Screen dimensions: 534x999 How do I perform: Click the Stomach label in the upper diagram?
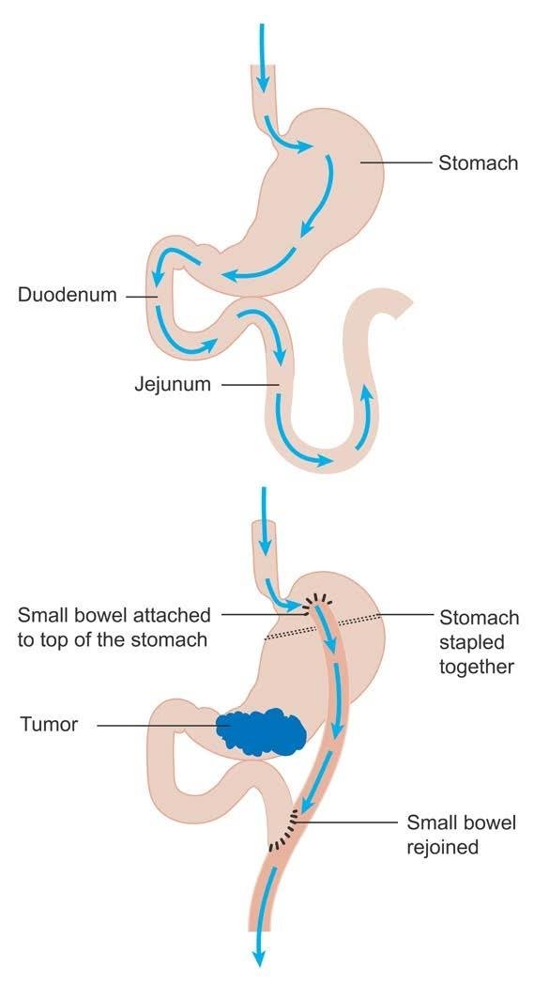pyautogui.click(x=478, y=163)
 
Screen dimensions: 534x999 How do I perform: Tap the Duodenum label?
pyautogui.click(x=68, y=296)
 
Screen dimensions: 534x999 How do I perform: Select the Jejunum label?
pyautogui.click(x=173, y=384)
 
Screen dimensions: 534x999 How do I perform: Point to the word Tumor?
pyautogui.click(x=49, y=725)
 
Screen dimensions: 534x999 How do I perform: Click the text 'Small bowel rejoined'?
pyautogui.click(x=461, y=835)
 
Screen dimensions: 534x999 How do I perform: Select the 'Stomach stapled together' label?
pyautogui.click(x=478, y=642)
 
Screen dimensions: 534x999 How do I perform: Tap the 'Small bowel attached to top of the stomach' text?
pyautogui.click(x=114, y=627)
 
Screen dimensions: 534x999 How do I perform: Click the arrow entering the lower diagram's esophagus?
pyautogui.click(x=264, y=519)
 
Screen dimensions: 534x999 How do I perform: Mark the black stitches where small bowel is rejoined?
pyautogui.click(x=286, y=829)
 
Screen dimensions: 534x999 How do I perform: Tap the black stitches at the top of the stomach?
pyautogui.click(x=316, y=602)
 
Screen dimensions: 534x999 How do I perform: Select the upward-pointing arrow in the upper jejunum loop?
pyautogui.click(x=364, y=417)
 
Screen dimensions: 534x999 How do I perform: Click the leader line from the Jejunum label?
pyautogui.click(x=250, y=384)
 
